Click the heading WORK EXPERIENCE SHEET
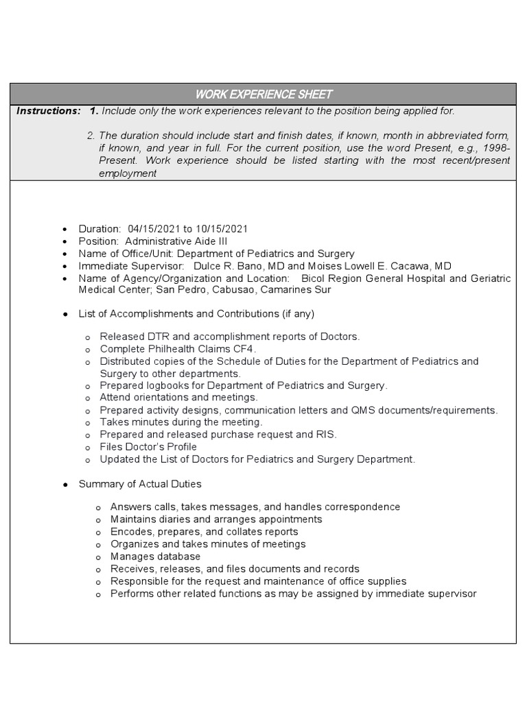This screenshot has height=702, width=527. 263,94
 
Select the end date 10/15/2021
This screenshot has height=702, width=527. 221,229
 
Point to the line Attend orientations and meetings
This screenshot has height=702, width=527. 178,398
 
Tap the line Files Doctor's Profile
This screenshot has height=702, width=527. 148,447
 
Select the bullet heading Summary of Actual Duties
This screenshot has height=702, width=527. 140,484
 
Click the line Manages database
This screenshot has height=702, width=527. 155,557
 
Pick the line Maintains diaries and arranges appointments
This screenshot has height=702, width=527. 216,520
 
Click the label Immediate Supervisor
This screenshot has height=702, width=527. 130,266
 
